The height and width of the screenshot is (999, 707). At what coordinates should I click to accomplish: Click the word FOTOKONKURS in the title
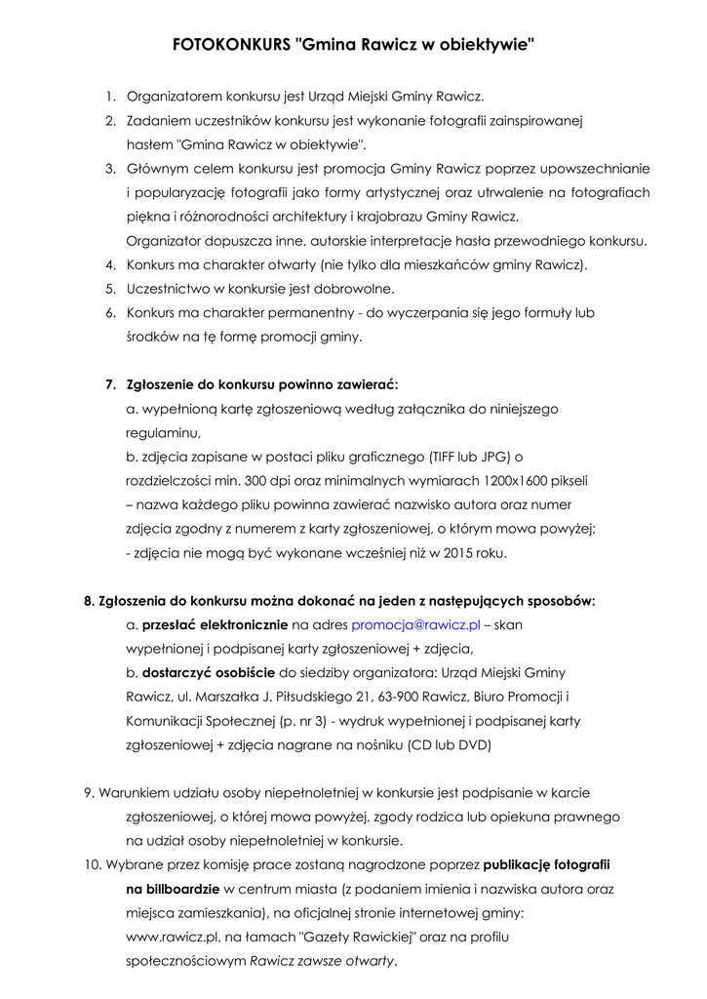[230, 45]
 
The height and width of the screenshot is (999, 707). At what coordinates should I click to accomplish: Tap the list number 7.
[110, 383]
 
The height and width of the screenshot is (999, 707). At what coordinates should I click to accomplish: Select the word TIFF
[445, 456]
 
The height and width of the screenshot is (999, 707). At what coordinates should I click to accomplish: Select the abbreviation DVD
[475, 744]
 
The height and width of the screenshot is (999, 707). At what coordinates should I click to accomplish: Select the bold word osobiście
[236, 672]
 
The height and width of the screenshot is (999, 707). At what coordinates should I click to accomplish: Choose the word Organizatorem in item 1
[175, 97]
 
